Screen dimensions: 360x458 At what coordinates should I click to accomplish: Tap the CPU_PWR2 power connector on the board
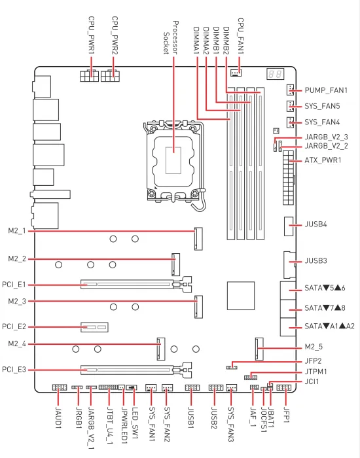(x=110, y=76)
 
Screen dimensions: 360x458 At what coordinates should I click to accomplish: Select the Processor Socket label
(x=171, y=37)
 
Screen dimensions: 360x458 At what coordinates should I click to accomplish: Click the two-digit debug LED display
(x=276, y=74)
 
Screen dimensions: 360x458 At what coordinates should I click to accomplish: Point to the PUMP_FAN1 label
(x=326, y=90)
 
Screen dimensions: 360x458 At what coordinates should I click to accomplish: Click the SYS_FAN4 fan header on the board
(x=290, y=122)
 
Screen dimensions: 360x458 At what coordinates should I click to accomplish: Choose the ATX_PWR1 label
(x=323, y=160)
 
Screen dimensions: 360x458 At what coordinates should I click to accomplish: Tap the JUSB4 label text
(x=315, y=224)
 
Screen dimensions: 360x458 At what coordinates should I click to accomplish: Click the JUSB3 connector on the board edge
(x=289, y=264)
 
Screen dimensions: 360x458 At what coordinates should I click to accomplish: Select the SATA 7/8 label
(x=325, y=308)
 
